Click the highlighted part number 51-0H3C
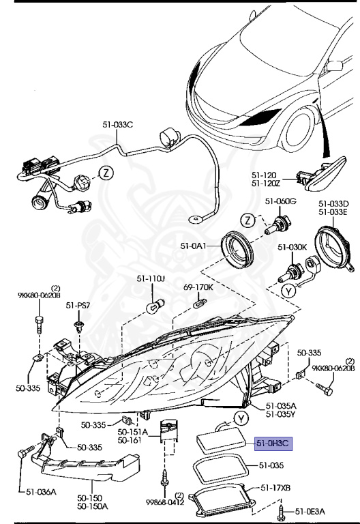[273, 443]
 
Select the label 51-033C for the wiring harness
[118, 124]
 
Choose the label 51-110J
[151, 278]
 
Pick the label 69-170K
[198, 287]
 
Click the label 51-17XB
[276, 488]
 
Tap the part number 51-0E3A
[311, 511]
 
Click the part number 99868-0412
[166, 502]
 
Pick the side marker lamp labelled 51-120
[320, 179]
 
